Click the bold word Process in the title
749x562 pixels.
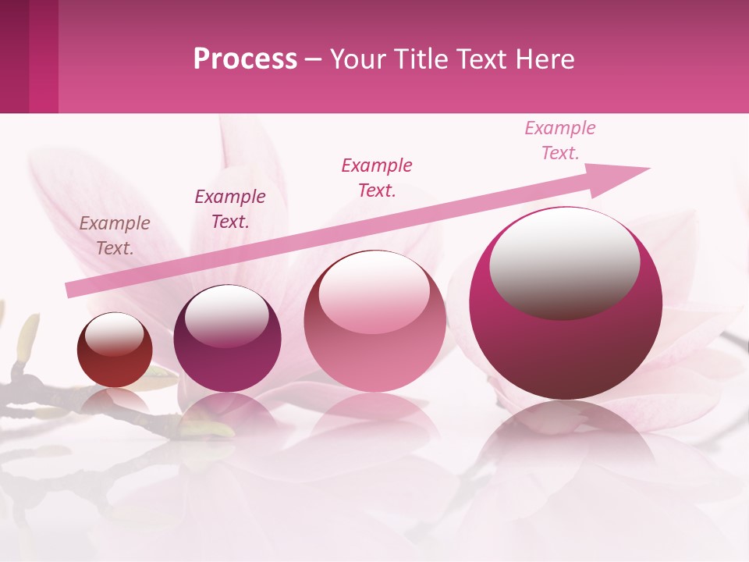click(x=245, y=59)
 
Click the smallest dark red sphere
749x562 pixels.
click(x=115, y=350)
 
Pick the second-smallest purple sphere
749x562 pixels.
click(x=227, y=339)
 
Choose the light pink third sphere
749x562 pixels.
click(x=374, y=322)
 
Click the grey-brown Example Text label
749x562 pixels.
click(x=115, y=235)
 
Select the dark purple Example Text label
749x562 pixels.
click(x=229, y=208)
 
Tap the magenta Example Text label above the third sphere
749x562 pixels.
click(x=377, y=177)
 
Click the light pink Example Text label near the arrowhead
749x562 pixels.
click(x=559, y=140)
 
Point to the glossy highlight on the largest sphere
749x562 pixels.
click(x=564, y=261)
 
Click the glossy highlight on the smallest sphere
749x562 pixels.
click(x=114, y=336)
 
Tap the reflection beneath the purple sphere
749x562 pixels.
click(x=227, y=414)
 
